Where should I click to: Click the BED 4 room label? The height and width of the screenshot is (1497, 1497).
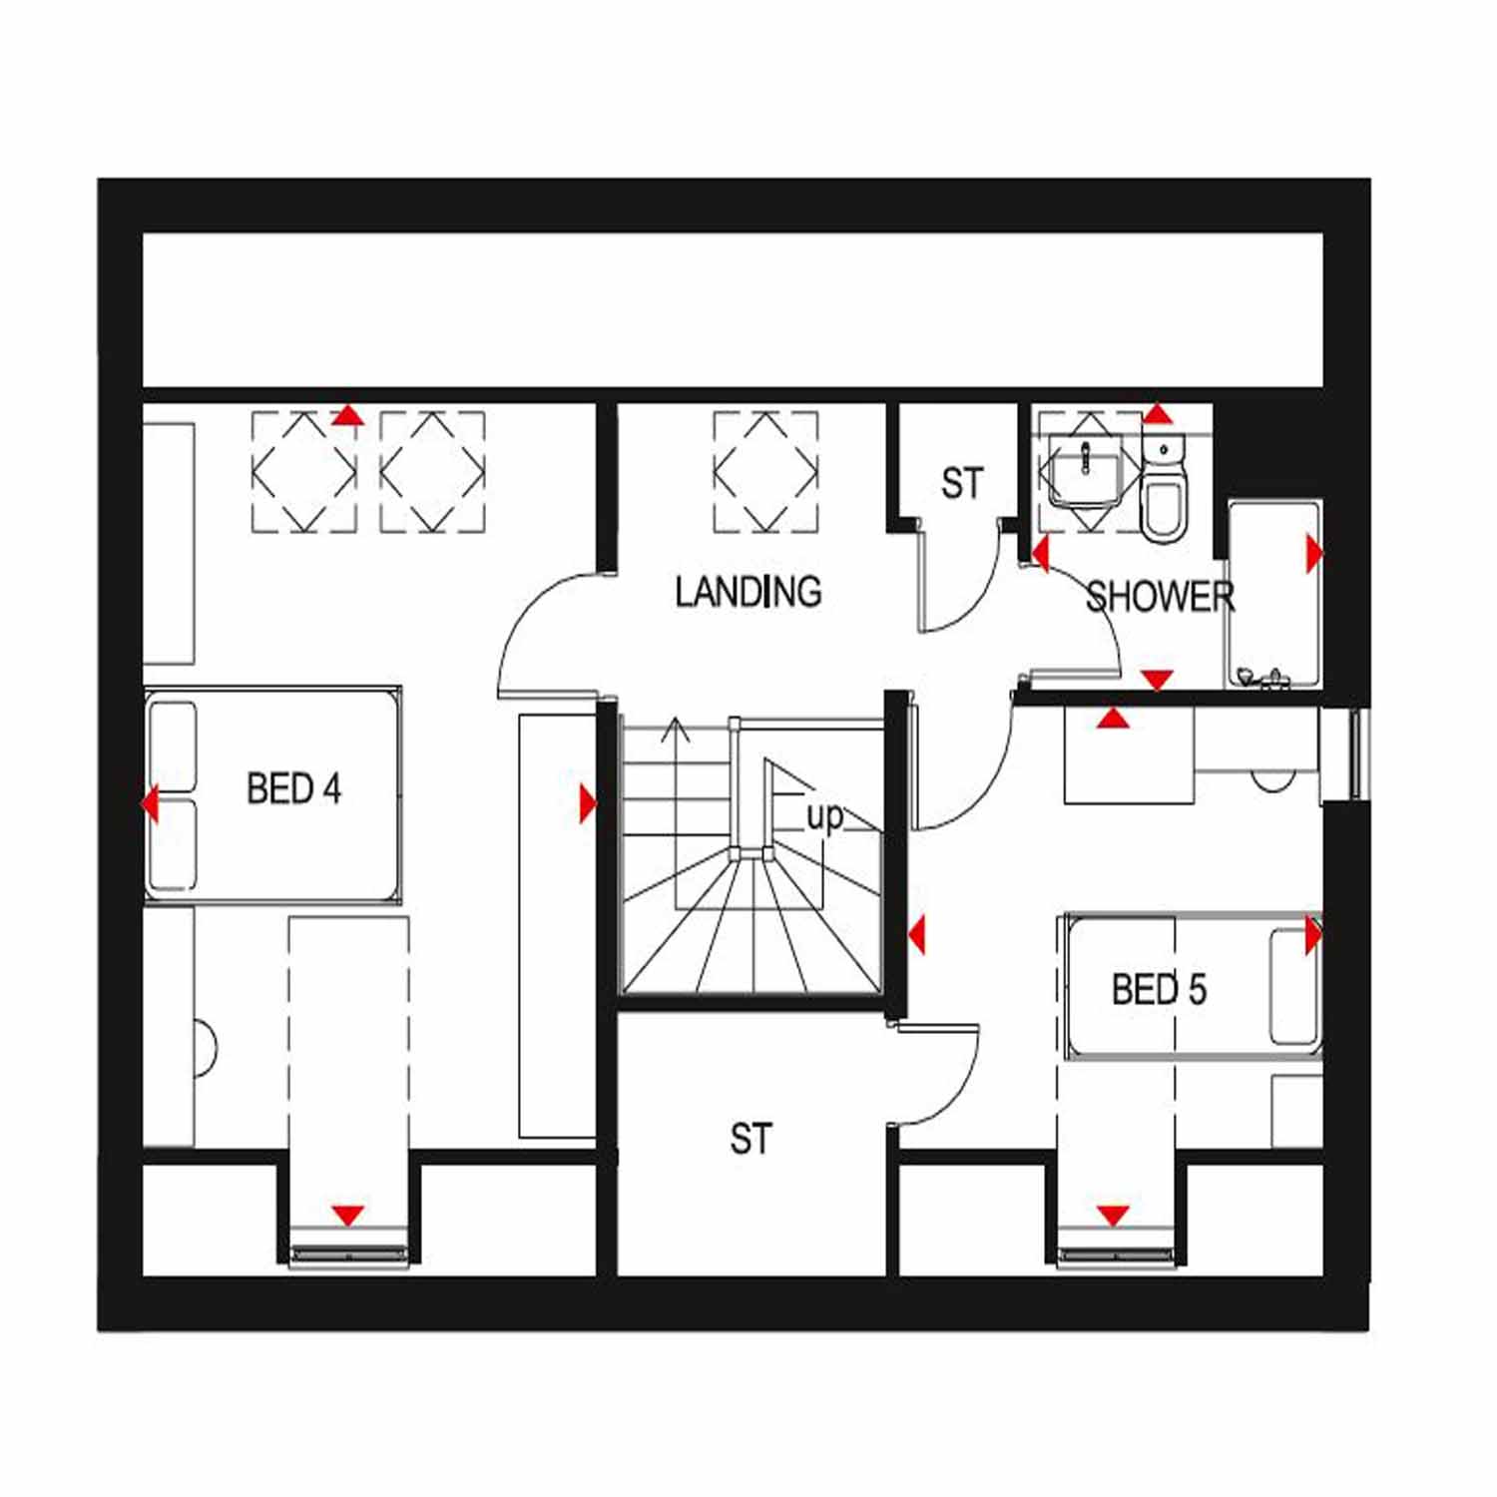(293, 789)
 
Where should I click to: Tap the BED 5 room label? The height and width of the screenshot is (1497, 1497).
(1159, 990)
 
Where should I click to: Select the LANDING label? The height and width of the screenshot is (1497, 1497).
(748, 592)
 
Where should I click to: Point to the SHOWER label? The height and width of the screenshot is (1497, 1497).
(1160, 597)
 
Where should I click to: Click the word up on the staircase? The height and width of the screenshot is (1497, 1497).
(824, 817)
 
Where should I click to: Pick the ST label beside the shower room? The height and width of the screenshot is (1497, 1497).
(962, 484)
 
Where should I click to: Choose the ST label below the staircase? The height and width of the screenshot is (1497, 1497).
(750, 1139)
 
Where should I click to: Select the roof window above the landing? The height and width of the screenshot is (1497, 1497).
(765, 471)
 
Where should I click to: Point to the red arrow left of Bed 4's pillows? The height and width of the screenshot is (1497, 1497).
(150, 802)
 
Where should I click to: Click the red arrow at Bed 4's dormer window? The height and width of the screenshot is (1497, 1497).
(347, 1216)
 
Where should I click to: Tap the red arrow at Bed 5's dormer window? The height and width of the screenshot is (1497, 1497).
(1113, 1215)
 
